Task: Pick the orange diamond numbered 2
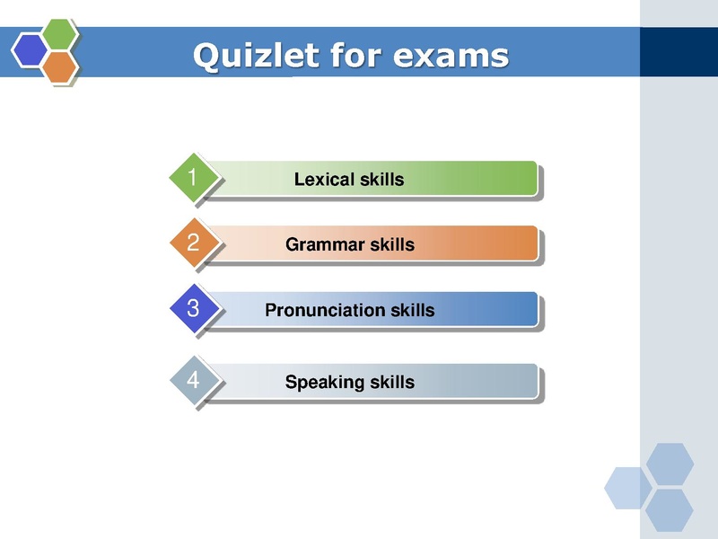point(192,243)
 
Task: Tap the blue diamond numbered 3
point(192,309)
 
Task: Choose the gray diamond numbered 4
point(192,381)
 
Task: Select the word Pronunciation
point(326,311)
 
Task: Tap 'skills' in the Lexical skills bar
point(381,180)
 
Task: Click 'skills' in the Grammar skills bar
point(391,244)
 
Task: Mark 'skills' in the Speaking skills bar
point(391,383)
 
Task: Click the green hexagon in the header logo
point(59,33)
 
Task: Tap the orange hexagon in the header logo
point(59,66)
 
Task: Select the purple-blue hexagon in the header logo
point(31,49)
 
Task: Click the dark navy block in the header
point(679,52)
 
